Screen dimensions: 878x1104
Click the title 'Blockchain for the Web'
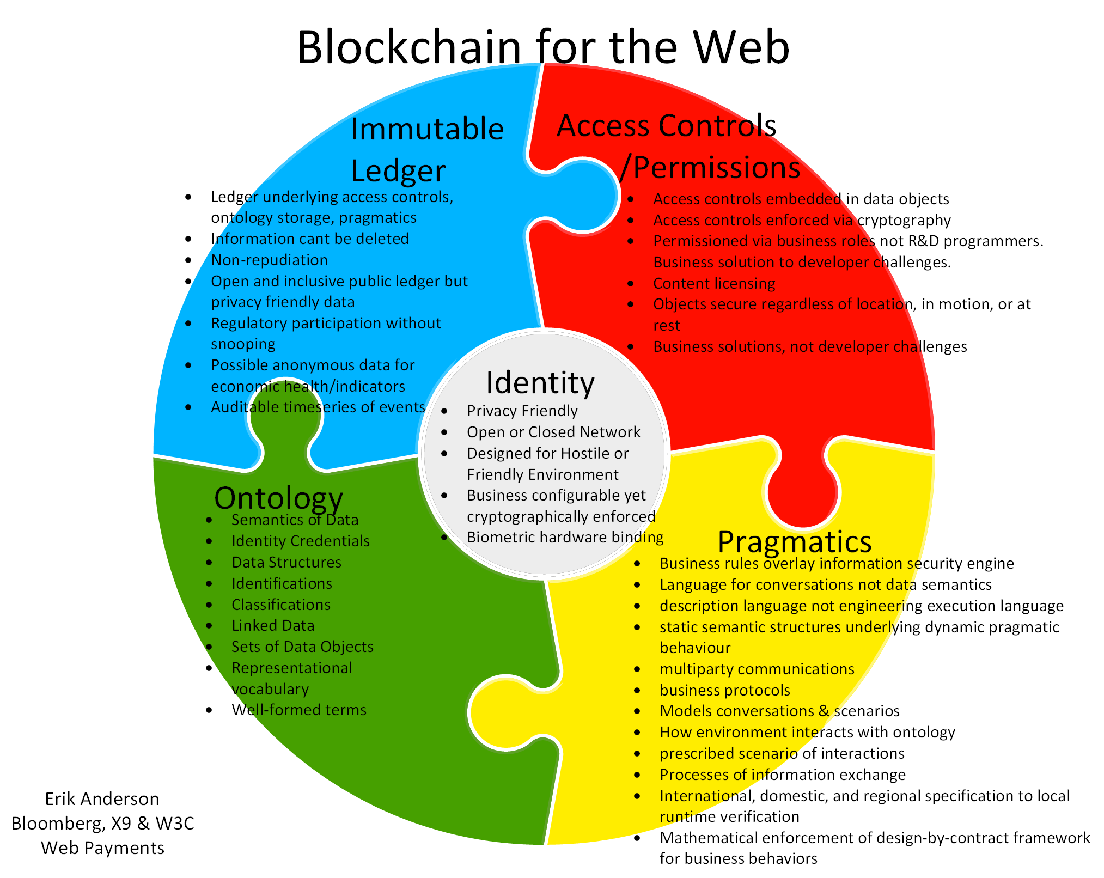pos(543,47)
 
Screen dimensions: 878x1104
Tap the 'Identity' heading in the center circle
pos(540,382)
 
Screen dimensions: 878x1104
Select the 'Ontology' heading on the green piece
pos(278,497)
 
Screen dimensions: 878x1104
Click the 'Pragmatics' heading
pos(794,541)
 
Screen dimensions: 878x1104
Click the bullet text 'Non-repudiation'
pos(269,260)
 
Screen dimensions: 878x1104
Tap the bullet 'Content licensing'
pos(713,283)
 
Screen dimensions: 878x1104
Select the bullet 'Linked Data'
pos(273,625)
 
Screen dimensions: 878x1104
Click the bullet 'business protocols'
pos(724,690)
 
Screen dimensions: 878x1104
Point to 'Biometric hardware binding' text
pos(565,537)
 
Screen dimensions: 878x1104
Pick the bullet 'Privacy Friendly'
pos(522,411)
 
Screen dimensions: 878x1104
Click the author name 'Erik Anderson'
pos(102,798)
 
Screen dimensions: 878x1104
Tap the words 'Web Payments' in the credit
pos(102,847)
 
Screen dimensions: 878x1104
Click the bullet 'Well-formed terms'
pos(298,710)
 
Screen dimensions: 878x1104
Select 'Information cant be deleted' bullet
pos(309,239)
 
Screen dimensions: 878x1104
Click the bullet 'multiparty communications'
pos(757,669)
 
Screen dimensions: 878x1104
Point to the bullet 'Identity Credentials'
pos(300,541)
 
